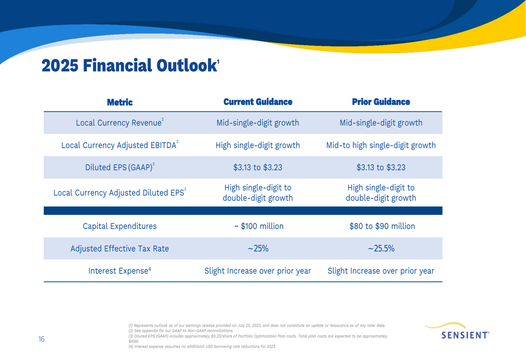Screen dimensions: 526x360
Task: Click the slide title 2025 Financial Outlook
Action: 130,65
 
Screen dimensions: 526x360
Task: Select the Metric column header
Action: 120,102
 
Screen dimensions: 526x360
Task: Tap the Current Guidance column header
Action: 258,102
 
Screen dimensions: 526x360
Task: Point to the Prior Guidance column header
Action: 381,102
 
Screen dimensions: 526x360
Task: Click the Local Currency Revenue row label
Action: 120,122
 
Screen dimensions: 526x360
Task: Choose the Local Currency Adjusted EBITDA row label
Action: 120,145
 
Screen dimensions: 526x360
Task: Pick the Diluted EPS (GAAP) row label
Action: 120,167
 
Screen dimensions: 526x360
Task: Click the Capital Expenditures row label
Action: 120,227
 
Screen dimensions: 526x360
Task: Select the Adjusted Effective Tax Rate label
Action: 120,249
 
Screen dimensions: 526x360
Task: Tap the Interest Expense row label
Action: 120,271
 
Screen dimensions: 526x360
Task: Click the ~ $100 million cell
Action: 259,227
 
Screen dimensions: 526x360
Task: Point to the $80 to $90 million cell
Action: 382,227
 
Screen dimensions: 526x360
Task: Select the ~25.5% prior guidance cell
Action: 381,249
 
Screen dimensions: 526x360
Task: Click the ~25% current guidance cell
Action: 258,249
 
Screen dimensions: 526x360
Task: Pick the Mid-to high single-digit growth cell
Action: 381,145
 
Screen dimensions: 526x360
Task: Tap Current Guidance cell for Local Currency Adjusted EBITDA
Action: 258,145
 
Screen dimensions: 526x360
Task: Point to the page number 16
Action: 41,339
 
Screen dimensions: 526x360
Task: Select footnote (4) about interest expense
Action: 203,346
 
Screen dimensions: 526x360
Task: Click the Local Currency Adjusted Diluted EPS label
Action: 120,192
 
